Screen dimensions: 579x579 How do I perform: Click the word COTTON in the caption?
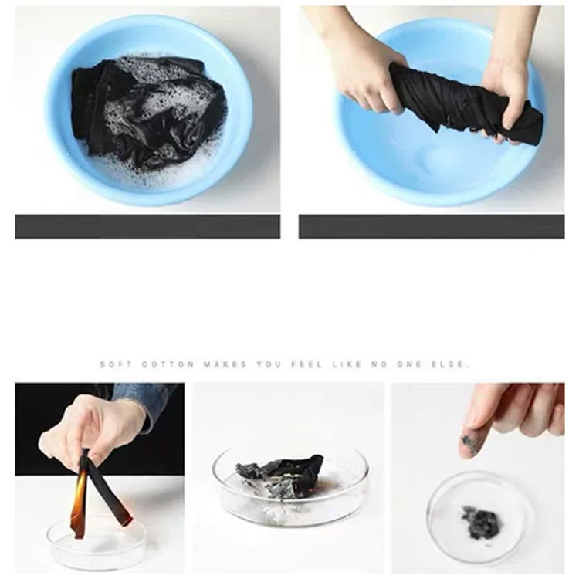tap(168, 364)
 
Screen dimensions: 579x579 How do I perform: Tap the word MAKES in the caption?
tap(225, 364)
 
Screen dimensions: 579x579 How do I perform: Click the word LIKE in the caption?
tap(347, 364)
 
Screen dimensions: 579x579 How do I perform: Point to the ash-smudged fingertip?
tap(469, 445)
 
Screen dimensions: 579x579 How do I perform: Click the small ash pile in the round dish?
tap(482, 521)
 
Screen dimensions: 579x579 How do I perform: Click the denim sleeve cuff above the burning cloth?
tap(147, 399)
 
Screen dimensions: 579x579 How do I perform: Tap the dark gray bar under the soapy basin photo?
tap(147, 227)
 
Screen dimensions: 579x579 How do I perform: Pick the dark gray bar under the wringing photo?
tap(432, 227)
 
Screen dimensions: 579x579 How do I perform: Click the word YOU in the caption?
tap(269, 364)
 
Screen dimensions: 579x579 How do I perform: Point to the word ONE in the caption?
tap(409, 364)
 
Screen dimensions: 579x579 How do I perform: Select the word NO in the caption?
tap(380, 364)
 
